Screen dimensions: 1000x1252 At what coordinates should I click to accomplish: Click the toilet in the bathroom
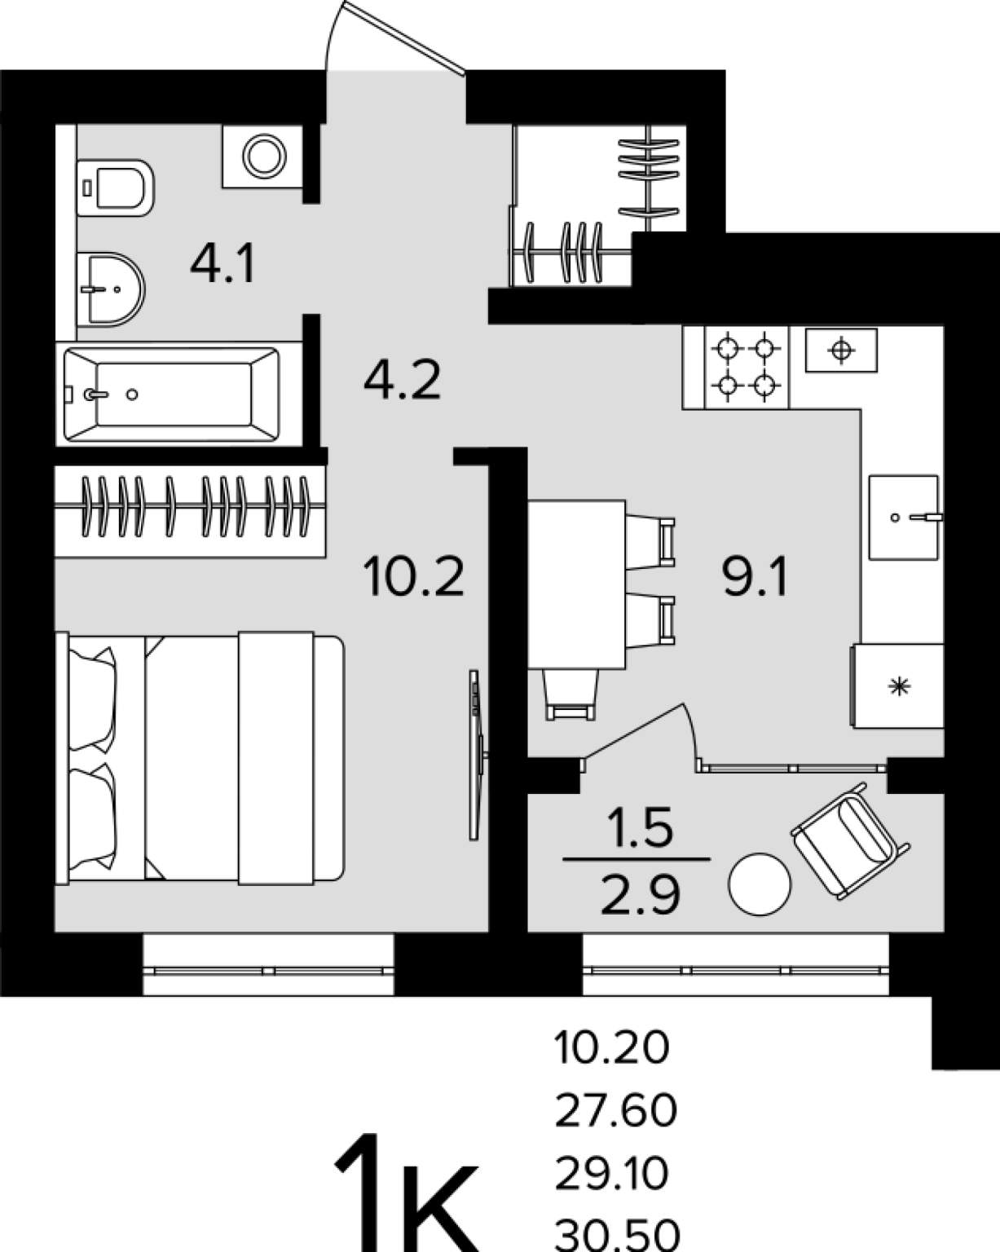click(x=115, y=188)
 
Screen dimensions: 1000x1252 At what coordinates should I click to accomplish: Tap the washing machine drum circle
click(x=265, y=156)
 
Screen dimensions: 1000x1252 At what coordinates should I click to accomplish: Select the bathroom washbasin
click(x=111, y=289)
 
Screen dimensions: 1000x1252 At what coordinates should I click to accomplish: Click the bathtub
click(x=172, y=395)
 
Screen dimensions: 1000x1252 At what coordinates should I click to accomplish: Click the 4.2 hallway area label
click(x=403, y=380)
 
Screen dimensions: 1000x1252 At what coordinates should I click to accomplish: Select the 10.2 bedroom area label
click(x=414, y=576)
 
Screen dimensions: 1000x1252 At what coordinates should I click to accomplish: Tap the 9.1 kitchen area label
click(x=755, y=576)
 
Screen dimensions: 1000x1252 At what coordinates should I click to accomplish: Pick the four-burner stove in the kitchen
click(x=747, y=367)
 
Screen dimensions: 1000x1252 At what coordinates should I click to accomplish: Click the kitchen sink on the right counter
click(x=904, y=518)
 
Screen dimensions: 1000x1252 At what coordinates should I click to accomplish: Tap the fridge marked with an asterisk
click(x=897, y=686)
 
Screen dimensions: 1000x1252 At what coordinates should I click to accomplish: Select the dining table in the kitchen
click(x=576, y=584)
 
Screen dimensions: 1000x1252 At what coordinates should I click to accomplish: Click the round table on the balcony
click(x=760, y=884)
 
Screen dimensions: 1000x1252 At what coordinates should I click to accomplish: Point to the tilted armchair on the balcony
click(x=850, y=840)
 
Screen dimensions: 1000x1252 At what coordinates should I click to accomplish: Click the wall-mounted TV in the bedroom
click(x=477, y=755)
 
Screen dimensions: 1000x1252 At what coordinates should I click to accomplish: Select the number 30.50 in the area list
click(x=617, y=1235)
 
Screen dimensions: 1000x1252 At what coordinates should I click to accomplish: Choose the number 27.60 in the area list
click(x=615, y=1110)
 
